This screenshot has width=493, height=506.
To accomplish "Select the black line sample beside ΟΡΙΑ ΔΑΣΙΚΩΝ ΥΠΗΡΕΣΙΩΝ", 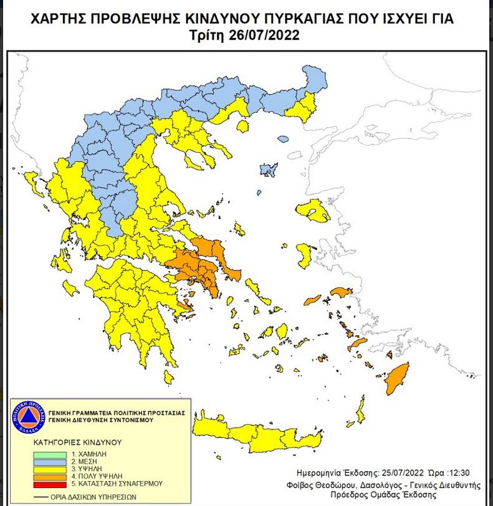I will click(x=39, y=497).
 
